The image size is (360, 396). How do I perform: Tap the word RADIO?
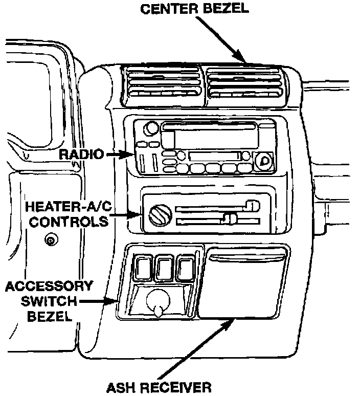pyautogui.click(x=81, y=154)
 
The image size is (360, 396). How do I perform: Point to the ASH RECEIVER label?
pyautogui.click(x=159, y=386)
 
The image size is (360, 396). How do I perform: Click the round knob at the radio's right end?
pyautogui.click(x=263, y=161)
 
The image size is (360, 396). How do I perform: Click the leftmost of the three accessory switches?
pyautogui.click(x=141, y=268)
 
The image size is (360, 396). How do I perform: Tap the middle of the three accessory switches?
pyautogui.click(x=163, y=268)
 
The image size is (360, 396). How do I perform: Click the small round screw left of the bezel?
pyautogui.click(x=50, y=240)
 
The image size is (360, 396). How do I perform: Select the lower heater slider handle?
pyautogui.click(x=231, y=220)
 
